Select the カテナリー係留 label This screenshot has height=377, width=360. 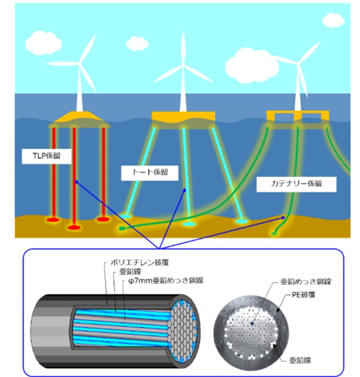296,184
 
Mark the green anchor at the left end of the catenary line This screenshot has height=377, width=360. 122,228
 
